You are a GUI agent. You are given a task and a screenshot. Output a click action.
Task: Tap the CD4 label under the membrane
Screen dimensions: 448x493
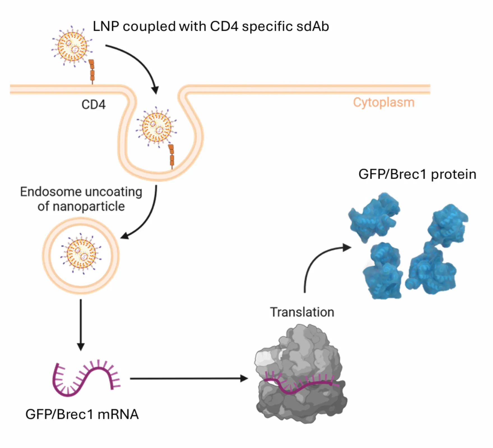tap(93, 105)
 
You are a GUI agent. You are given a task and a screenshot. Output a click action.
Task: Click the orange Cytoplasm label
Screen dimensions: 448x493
tap(383, 102)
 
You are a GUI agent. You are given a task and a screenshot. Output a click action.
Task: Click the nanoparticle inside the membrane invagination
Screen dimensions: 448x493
tap(157, 127)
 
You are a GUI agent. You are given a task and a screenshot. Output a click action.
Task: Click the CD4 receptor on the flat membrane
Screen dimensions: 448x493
tap(92, 71)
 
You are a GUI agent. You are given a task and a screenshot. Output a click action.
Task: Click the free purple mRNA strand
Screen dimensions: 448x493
tap(85, 378)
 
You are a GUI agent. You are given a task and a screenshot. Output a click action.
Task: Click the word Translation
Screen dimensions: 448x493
tap(302, 312)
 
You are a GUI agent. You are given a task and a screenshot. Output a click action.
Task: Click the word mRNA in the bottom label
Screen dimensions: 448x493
tap(118, 414)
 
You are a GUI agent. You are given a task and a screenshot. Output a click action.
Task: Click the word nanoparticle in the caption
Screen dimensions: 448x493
tap(89, 207)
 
